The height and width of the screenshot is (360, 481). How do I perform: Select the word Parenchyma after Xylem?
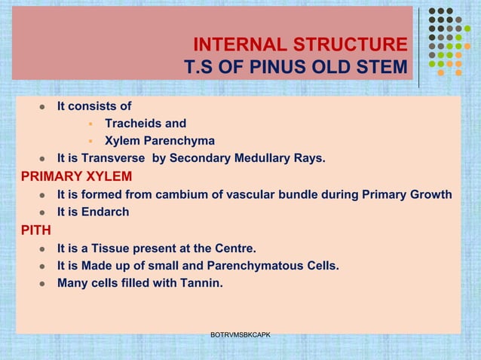click(179, 141)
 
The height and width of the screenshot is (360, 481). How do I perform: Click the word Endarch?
click(105, 212)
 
